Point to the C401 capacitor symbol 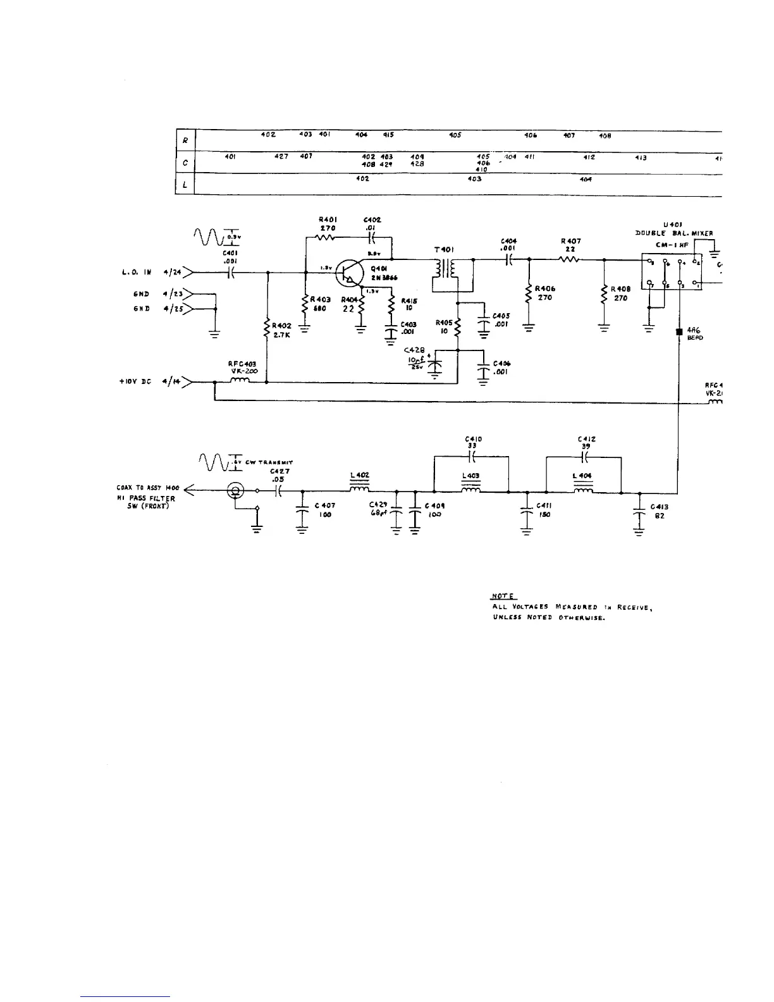pyautogui.click(x=231, y=273)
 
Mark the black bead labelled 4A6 pyautogui.click(x=679, y=331)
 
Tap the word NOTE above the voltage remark pyautogui.click(x=504, y=597)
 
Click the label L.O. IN pyautogui.click(x=136, y=273)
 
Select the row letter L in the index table pyautogui.click(x=185, y=186)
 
